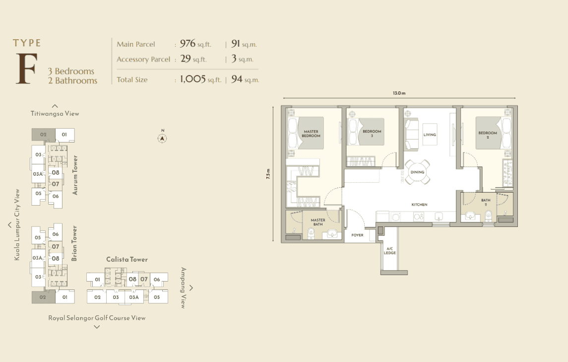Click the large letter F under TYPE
[26, 69]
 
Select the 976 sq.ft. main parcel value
[195, 44]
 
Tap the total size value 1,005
[192, 79]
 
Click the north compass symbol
[162, 138]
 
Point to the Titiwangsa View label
[55, 114]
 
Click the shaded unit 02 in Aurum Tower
[44, 135]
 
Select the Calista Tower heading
[127, 259]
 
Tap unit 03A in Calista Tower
[134, 297]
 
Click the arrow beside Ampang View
[191, 288]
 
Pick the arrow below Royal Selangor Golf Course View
[97, 327]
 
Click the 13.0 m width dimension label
[399, 93]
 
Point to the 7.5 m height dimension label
[268, 174]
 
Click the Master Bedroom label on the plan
[311, 134]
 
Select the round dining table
[417, 172]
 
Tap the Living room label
[430, 135]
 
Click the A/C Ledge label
[390, 251]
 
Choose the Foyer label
[357, 235]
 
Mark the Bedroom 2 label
[488, 135]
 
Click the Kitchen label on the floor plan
[420, 205]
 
